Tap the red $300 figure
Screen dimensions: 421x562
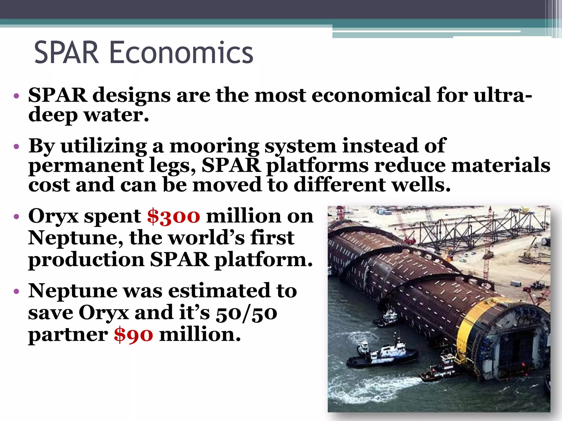tap(173, 216)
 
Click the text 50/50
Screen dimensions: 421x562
tap(246, 313)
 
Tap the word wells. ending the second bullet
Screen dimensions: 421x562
tap(421, 185)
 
